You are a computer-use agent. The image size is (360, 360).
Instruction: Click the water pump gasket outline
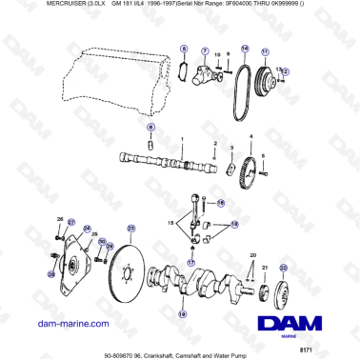point(183,71)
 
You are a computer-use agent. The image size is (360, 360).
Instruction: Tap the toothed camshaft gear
point(250,176)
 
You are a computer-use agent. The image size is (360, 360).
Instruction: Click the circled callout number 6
point(150,127)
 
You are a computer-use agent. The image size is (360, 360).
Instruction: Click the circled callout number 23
point(131,228)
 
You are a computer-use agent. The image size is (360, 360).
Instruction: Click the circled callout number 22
point(282,270)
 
